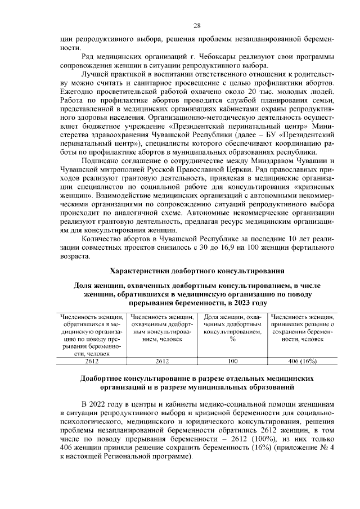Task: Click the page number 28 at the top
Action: [x=197, y=25]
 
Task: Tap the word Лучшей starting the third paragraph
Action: [x=95, y=74]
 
